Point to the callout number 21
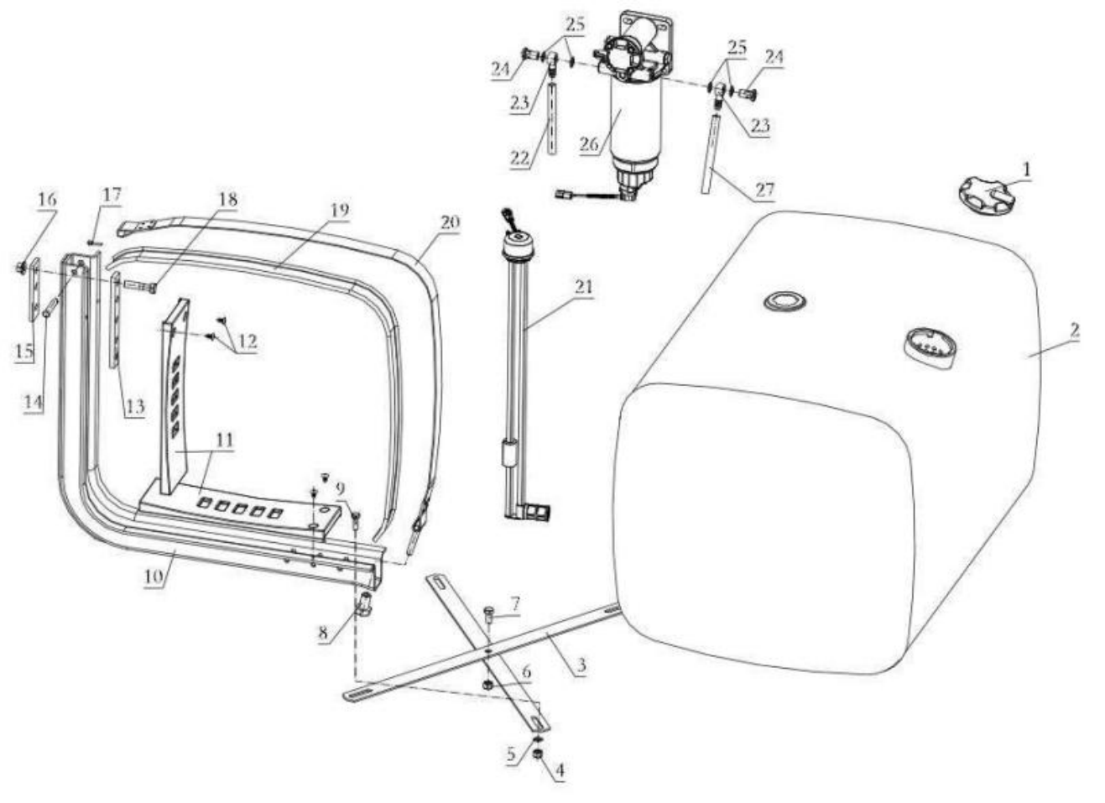583,287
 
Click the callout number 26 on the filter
589,143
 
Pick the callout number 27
764,190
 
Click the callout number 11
224,440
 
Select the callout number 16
47,199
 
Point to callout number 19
338,210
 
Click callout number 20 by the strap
450,222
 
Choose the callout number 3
581,666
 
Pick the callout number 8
322,634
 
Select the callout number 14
33,401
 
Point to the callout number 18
227,200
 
